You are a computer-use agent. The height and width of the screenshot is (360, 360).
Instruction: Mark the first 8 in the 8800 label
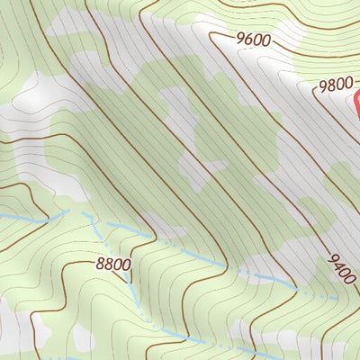100,265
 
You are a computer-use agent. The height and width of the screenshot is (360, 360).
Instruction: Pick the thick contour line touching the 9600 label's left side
220,36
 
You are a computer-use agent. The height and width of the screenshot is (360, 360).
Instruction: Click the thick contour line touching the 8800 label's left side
85,262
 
